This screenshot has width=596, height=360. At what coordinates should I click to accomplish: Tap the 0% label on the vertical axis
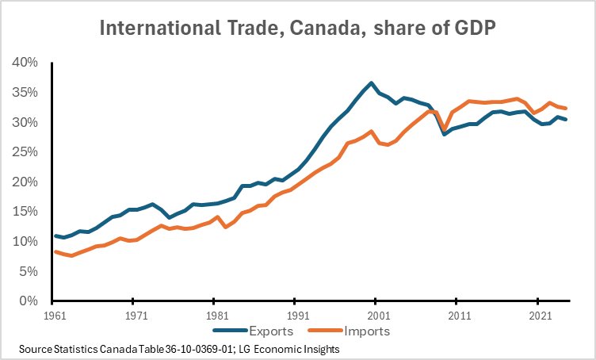pyautogui.click(x=29, y=301)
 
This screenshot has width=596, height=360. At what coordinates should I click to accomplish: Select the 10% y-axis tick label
pyautogui.click(x=25, y=241)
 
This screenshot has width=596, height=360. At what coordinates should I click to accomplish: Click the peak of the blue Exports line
pyautogui.click(x=371, y=82)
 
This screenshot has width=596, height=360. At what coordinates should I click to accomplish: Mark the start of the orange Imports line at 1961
pyautogui.click(x=53, y=251)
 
